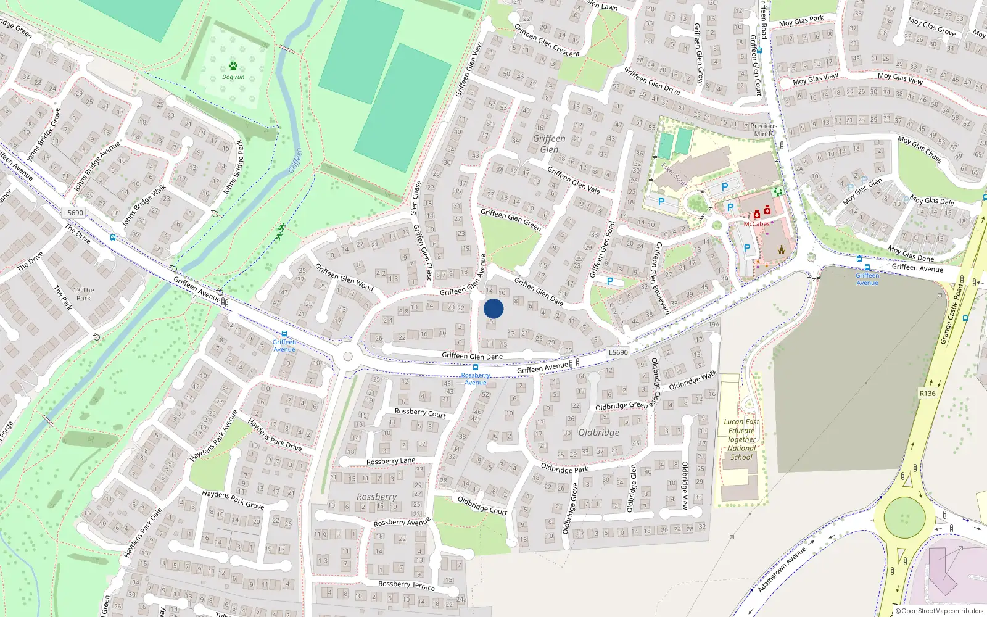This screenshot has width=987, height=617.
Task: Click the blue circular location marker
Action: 493,308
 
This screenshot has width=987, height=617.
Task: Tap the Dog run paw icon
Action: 233,66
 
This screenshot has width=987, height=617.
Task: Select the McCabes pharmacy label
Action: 756,224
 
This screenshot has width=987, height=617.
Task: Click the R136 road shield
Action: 927,393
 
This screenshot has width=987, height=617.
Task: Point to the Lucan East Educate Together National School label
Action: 741,440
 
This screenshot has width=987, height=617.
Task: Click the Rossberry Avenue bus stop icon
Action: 475,367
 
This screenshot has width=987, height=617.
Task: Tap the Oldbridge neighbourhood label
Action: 598,433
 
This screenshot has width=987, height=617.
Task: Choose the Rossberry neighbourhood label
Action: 376,497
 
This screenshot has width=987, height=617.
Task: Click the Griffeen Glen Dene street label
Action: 472,356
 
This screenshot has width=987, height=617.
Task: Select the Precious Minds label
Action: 764,130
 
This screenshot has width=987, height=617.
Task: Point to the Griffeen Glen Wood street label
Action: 344,277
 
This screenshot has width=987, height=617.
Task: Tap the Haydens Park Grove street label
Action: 233,500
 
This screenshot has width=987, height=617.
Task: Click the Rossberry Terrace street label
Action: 406,585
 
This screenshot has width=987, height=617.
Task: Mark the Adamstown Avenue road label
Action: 782,569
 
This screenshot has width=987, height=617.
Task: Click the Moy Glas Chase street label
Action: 920,149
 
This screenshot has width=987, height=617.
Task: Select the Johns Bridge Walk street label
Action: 144,206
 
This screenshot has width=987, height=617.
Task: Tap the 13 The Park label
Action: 83,294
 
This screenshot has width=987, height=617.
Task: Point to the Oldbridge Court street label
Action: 482,505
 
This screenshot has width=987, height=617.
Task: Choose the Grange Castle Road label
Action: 952,314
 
